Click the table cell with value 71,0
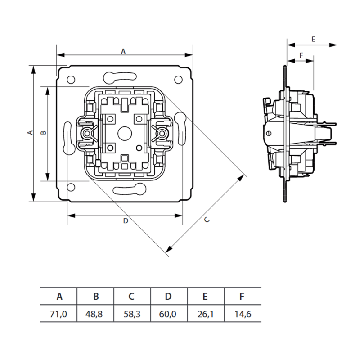(x=58, y=314)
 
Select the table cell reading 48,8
(x=94, y=314)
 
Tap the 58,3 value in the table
(x=132, y=314)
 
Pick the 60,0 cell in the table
(x=168, y=314)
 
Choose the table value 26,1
(x=206, y=314)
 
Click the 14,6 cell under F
(x=243, y=314)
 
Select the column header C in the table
(x=131, y=297)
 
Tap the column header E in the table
(x=205, y=297)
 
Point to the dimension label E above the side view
(x=313, y=39)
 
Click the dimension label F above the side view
(x=301, y=55)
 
